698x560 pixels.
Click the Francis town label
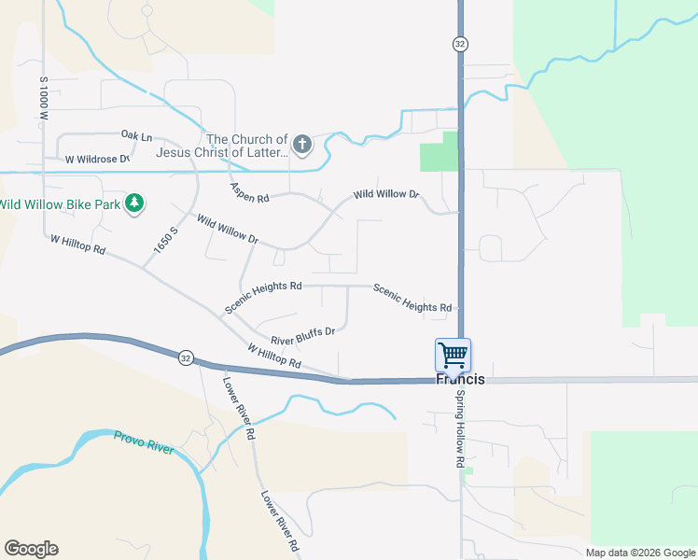(461, 380)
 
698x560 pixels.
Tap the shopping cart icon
(453, 355)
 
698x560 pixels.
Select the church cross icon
(301, 144)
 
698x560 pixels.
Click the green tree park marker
(134, 203)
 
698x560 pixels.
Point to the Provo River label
(144, 442)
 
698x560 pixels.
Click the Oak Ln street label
(135, 136)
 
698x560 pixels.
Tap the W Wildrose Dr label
(96, 160)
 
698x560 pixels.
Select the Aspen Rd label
(250, 192)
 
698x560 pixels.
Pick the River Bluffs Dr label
(302, 335)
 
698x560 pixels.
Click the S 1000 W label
(43, 97)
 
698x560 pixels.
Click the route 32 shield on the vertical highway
(459, 44)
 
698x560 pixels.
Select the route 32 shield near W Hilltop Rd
(185, 357)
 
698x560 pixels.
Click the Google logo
(31, 549)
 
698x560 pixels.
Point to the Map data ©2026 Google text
(639, 553)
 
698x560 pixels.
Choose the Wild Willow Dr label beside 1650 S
(226, 229)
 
